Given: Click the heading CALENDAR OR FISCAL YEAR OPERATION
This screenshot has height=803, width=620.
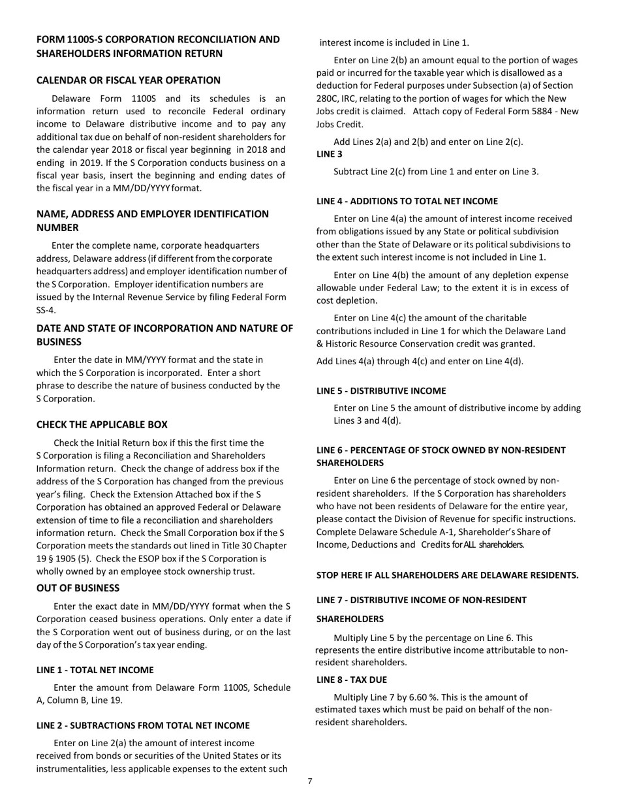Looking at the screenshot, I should coord(128,80).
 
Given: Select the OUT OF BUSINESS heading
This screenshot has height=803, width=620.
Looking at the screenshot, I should coord(78,588).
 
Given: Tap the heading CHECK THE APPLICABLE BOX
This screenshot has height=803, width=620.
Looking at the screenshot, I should coord(102,425).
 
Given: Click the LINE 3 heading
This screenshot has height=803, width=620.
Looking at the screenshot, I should coord(329,155).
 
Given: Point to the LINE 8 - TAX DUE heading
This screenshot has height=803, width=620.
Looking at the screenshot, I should coord(351,680).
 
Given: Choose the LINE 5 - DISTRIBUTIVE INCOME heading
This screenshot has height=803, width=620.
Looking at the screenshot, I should coord(381,391).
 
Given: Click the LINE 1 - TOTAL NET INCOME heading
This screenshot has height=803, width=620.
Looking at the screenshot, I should coord(95,670).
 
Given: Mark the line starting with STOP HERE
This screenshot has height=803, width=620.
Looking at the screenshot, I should coord(447,575).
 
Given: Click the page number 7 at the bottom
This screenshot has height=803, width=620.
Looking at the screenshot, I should coord(310,781).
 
